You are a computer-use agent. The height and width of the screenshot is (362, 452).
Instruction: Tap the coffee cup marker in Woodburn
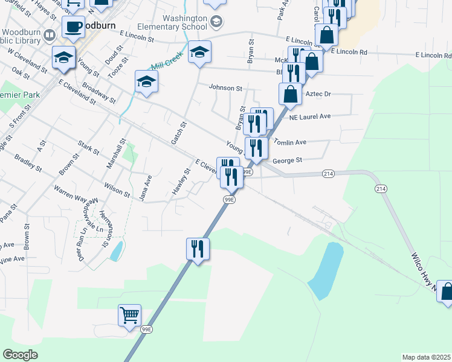(x=74, y=28)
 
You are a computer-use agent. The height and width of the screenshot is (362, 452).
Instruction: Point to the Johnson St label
(x=225, y=87)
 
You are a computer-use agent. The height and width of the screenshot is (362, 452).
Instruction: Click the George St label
(x=286, y=160)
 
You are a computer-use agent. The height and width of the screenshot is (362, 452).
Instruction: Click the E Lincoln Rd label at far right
(x=433, y=55)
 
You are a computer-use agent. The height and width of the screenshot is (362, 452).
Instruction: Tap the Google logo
(x=21, y=355)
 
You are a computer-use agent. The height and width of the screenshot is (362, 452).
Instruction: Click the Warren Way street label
(x=70, y=197)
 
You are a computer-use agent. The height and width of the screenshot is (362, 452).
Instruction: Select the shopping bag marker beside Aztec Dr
(x=291, y=94)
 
